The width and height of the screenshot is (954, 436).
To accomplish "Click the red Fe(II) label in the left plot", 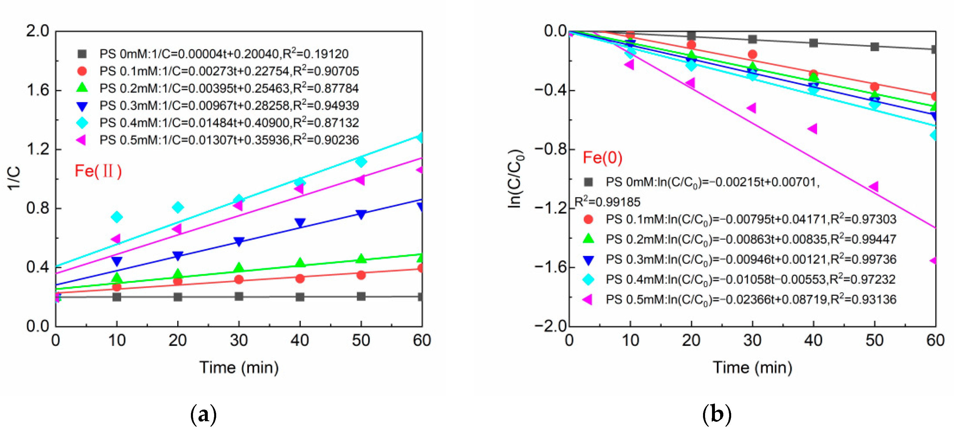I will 98,171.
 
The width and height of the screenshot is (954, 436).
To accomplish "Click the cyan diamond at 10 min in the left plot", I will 117,217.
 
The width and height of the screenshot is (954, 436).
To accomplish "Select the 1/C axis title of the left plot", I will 14,178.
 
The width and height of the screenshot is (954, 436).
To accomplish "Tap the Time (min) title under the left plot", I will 239,367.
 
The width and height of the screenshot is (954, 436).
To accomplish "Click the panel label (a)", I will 203,414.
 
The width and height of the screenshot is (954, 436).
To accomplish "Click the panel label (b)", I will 717,414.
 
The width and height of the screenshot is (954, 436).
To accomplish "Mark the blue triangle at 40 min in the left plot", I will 300,223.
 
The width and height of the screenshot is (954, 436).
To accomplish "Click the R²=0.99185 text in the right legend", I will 607,202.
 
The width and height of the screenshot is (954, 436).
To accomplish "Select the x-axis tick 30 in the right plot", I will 752,340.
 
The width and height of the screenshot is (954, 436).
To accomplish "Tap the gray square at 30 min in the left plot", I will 239,296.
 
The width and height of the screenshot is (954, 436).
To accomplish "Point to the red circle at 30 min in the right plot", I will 752,55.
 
